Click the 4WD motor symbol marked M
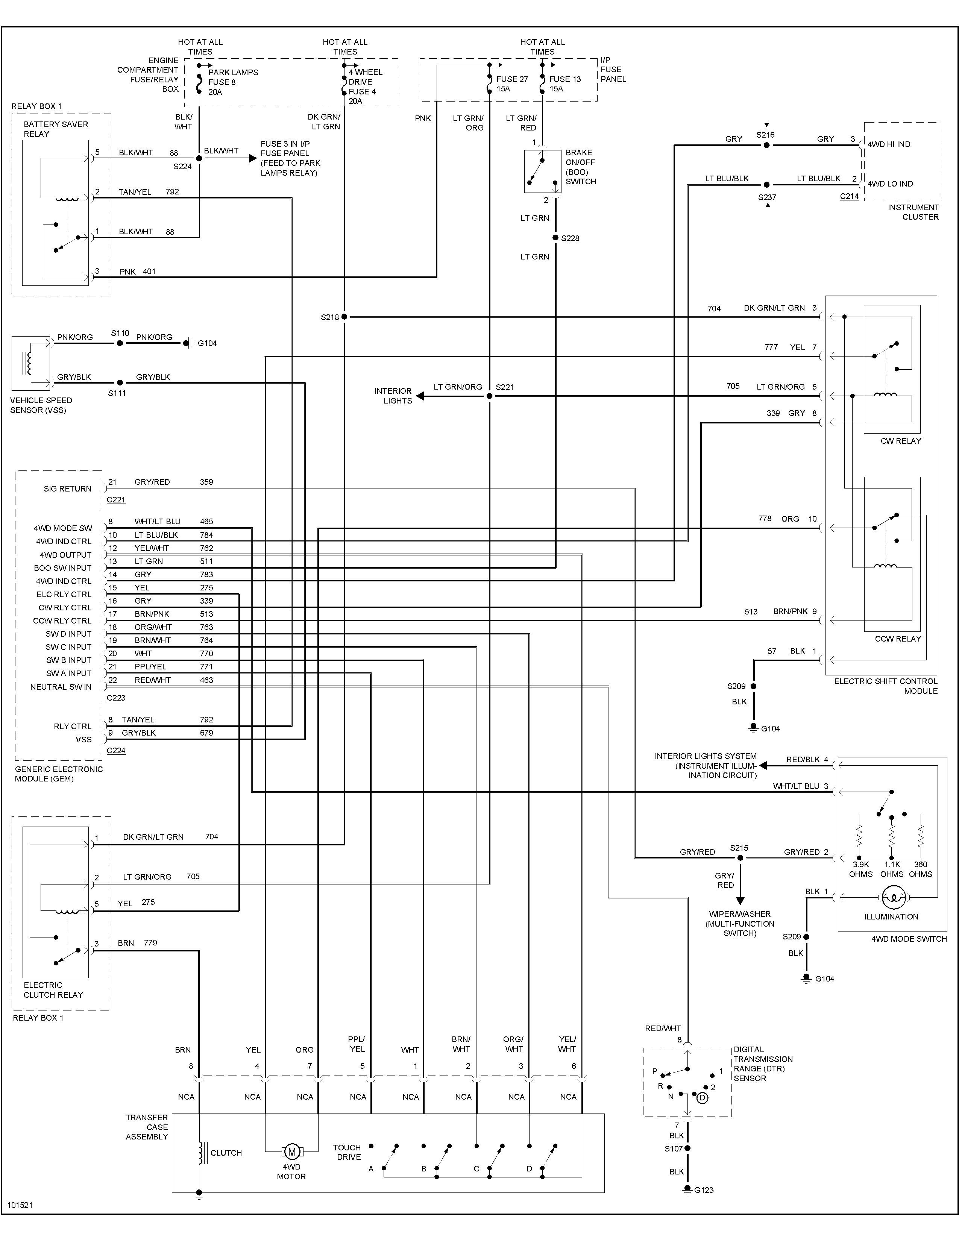pos(291,1152)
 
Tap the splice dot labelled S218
pos(344,317)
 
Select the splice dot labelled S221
pos(489,396)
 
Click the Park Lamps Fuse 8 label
pos(232,82)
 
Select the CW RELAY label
pos(900,441)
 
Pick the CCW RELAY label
pos(898,639)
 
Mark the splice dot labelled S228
pos(555,238)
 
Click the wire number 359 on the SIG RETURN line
pos(206,482)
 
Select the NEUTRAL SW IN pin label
pos(61,687)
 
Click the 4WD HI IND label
pos(889,144)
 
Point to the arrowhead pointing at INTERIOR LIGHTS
pos(421,396)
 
